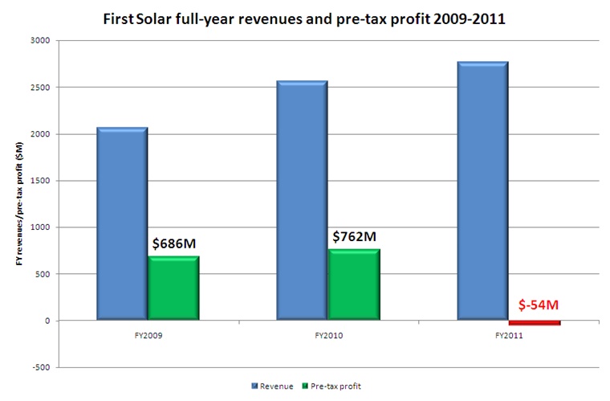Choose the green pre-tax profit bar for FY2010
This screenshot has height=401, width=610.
[354, 284]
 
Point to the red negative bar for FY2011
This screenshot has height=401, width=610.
[535, 322]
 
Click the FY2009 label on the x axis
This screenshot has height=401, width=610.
[147, 335]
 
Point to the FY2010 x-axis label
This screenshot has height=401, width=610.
[328, 335]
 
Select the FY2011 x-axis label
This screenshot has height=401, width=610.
[509, 335]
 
